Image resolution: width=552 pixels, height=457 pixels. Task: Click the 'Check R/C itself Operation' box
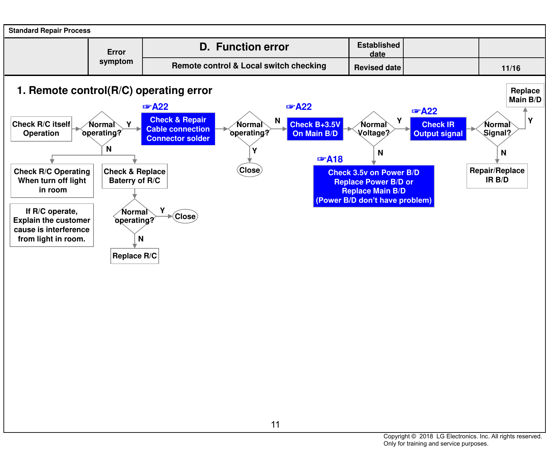click(41, 129)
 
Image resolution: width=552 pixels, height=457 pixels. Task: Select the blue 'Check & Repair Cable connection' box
click(178, 129)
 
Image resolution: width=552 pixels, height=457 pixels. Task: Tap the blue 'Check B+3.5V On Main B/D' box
click(315, 129)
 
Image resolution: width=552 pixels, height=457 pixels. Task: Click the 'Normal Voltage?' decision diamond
click(374, 129)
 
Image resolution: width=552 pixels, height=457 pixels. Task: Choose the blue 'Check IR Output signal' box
click(438, 129)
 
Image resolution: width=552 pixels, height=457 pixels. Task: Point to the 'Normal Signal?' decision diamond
click(497, 129)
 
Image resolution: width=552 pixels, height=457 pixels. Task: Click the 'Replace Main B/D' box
click(525, 95)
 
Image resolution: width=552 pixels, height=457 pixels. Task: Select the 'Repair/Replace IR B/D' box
click(497, 176)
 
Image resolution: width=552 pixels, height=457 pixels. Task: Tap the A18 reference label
click(330, 159)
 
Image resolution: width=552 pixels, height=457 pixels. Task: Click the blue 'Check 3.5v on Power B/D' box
click(374, 186)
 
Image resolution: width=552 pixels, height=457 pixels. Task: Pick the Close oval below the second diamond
click(250, 170)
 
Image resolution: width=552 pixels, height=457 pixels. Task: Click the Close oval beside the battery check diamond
click(185, 217)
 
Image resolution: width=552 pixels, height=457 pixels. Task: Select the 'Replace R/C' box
click(135, 256)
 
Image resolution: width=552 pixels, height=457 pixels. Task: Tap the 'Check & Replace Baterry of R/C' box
click(135, 176)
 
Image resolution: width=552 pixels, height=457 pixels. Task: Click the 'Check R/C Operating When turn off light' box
click(52, 181)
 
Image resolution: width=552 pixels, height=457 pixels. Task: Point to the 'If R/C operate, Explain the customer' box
click(52, 225)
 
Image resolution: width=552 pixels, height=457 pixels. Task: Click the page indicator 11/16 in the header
click(511, 68)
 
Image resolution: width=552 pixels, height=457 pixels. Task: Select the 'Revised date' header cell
click(377, 67)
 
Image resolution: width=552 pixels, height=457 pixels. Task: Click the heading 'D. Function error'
click(244, 47)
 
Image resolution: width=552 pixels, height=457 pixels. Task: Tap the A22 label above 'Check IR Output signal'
click(425, 111)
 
